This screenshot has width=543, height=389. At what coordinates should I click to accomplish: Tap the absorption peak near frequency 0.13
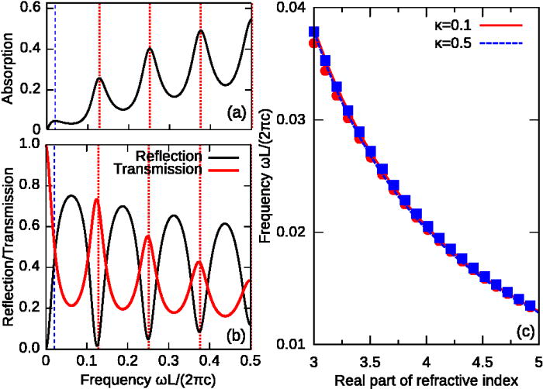point(99,78)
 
